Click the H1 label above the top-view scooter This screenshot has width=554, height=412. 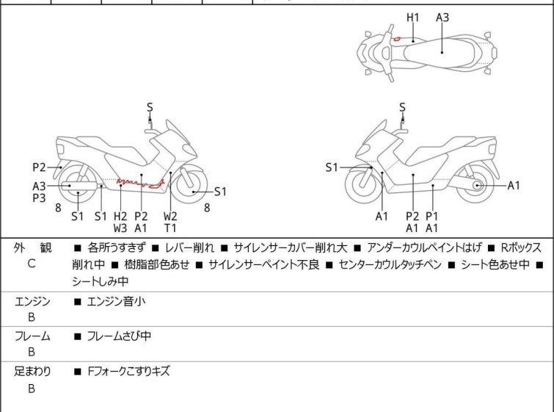[x=412, y=16]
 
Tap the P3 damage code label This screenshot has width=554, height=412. [x=39, y=198]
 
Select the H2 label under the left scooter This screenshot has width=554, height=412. [x=120, y=216]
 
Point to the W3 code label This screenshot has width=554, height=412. [x=120, y=228]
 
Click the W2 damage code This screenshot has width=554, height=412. [x=170, y=216]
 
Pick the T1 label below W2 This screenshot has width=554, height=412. [x=170, y=228]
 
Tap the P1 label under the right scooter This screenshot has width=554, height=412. [x=432, y=216]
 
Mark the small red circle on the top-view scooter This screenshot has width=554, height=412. [x=396, y=38]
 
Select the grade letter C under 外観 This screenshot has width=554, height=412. [x=31, y=264]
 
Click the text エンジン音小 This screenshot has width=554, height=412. [x=116, y=300]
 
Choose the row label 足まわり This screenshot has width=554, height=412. [x=32, y=372]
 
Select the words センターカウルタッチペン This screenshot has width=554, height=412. [x=390, y=264]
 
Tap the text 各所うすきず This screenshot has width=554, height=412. [x=116, y=247]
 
